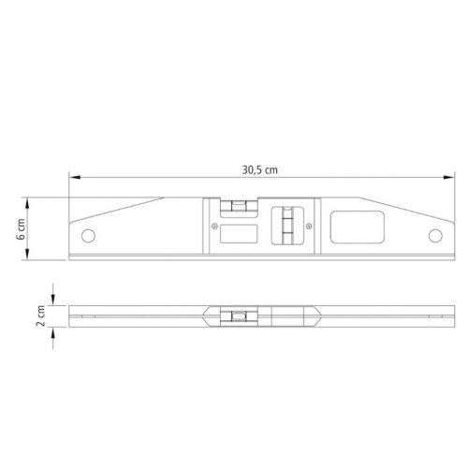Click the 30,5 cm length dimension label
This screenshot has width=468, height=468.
click(260, 170)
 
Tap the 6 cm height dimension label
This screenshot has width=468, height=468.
click(21, 229)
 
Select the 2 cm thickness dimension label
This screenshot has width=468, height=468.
click(41, 315)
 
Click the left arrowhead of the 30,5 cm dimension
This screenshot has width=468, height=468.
click(75, 177)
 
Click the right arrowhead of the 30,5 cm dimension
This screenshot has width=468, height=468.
click(448, 177)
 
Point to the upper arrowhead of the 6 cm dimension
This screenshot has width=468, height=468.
click(27, 203)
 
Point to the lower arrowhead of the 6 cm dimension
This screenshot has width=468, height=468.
click(27, 255)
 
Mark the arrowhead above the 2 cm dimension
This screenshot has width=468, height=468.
click(53, 300)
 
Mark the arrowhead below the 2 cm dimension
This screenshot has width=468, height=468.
click(53, 333)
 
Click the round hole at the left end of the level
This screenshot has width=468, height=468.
click(88, 236)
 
